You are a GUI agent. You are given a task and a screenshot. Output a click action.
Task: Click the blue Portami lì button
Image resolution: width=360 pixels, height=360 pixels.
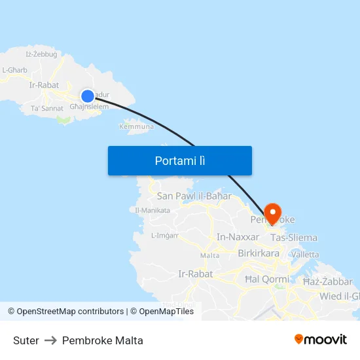point(180,160)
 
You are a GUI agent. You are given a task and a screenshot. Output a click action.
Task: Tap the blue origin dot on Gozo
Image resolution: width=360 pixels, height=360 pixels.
point(87,96)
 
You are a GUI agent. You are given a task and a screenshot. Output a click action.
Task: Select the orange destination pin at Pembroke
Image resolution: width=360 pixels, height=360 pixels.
point(272,213)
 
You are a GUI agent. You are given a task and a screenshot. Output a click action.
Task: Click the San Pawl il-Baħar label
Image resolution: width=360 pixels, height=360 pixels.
point(194,196)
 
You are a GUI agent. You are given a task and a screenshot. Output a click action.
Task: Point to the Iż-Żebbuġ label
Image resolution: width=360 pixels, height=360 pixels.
point(41,54)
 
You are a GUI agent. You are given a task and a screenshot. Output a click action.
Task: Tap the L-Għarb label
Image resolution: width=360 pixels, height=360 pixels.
point(14,69)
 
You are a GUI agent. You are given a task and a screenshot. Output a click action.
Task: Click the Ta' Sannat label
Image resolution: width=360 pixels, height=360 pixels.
point(47,108)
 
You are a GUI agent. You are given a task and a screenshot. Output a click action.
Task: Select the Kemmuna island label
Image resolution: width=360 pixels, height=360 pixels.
point(136,126)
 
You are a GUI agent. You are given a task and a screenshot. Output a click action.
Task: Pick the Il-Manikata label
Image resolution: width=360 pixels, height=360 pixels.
point(153,210)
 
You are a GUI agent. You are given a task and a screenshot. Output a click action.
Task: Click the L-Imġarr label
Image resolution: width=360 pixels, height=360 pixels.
point(165,236)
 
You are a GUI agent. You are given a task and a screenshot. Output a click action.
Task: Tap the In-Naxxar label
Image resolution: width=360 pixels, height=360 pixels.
point(238,237)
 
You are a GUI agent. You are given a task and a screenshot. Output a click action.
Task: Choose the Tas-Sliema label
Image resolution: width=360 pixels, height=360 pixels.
point(294,238)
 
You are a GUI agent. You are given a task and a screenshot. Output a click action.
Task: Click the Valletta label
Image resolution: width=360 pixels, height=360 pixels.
point(304,254)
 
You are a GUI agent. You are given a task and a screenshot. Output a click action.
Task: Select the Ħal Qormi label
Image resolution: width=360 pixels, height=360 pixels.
point(264,279)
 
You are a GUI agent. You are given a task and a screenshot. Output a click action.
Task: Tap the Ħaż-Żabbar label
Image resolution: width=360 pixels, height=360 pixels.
point(328,281)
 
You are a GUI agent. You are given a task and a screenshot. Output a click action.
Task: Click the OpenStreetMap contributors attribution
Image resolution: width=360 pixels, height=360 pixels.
point(70,312)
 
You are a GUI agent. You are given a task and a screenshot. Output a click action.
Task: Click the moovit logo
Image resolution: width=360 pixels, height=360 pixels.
point(321,339)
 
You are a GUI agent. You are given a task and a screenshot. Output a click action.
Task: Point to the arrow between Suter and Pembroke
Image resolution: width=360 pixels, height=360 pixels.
point(50,340)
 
